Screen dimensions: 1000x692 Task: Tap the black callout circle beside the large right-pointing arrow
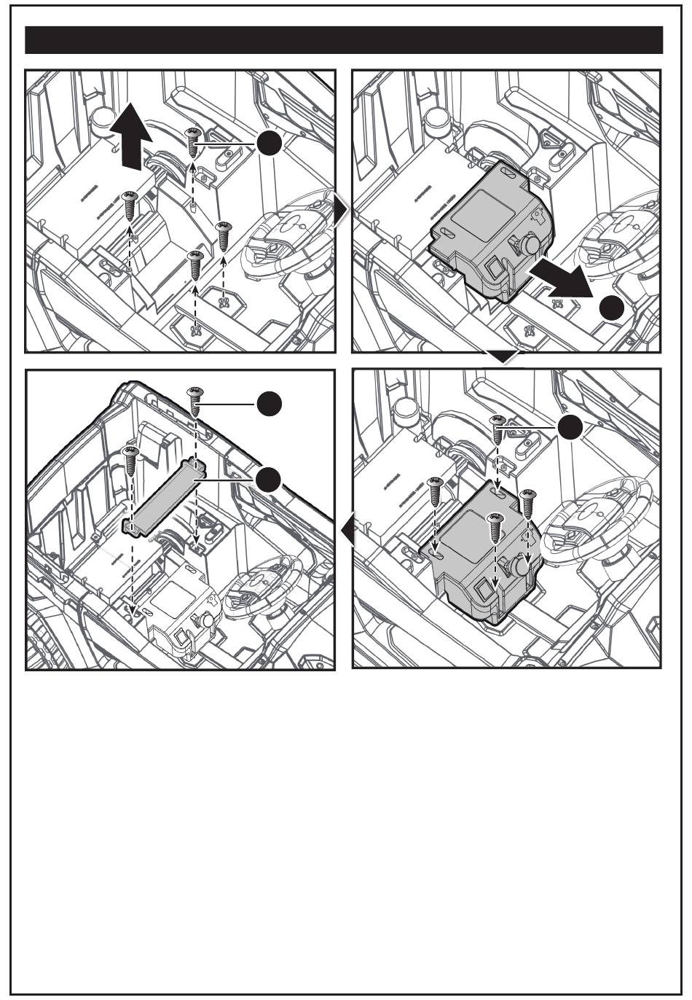pos(613,309)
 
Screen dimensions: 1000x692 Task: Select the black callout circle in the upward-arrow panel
pos(270,144)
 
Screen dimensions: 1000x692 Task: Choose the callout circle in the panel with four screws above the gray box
pos(571,428)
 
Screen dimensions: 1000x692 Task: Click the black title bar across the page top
pos(344,40)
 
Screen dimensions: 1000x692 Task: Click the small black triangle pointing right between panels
pos(342,211)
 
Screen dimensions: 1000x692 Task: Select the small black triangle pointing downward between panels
pos(506,356)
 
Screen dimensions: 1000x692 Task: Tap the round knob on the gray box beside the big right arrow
pos(530,243)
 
